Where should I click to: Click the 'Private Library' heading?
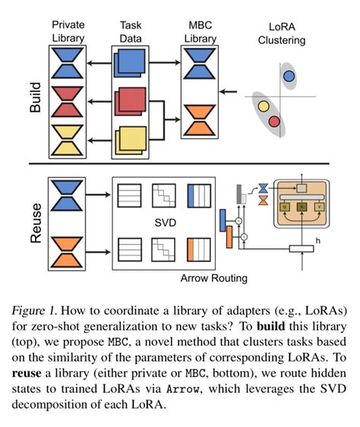68,30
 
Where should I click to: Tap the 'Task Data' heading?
135,30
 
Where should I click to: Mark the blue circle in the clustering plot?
289,75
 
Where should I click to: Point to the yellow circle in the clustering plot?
264,106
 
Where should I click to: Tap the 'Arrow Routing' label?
213,278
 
